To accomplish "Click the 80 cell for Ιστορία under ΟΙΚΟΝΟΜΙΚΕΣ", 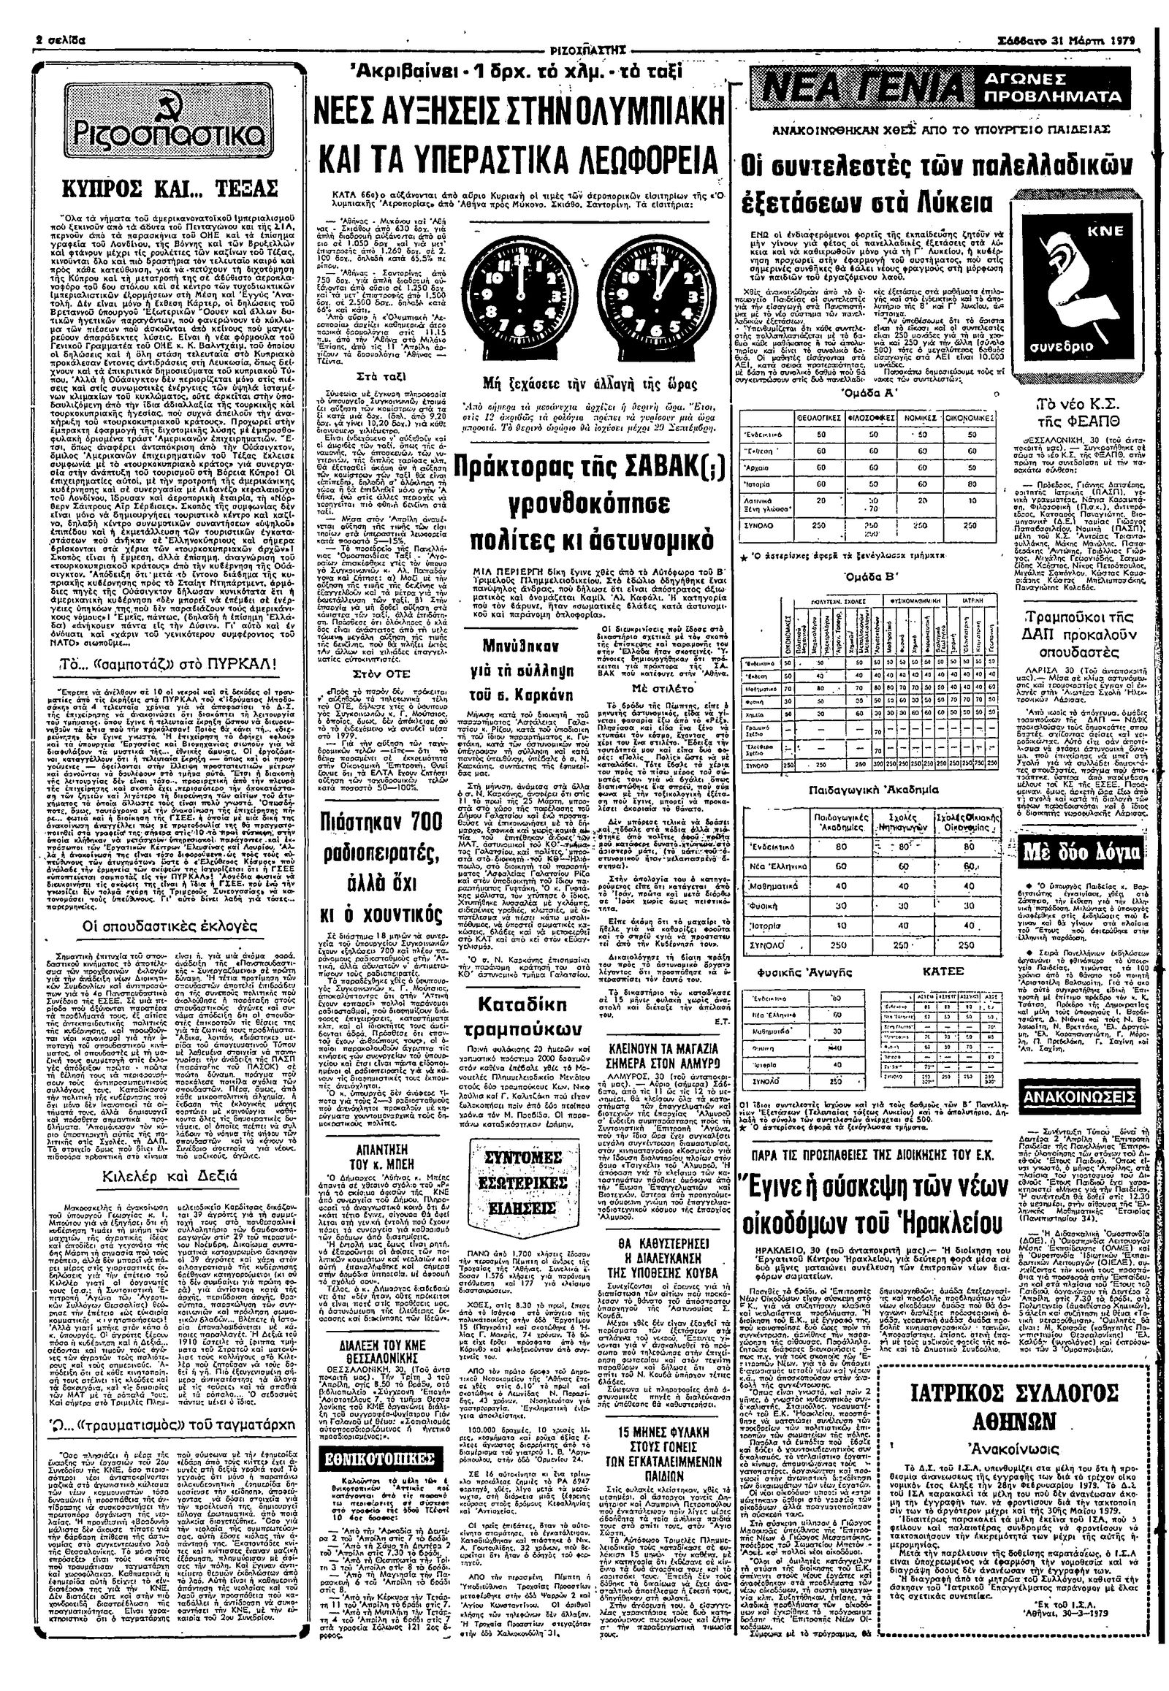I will [x=972, y=484].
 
